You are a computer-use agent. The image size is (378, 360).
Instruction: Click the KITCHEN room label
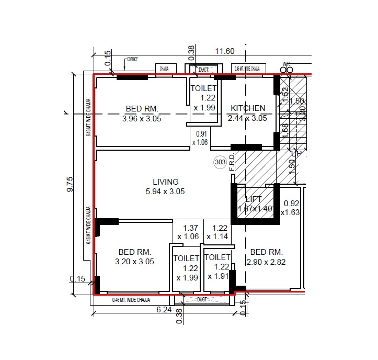[x=248, y=108]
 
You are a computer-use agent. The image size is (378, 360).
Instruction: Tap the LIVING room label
[x=165, y=182]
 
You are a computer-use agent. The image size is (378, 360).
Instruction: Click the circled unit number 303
[x=220, y=163]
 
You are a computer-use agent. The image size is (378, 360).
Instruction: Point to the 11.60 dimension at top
[x=226, y=51]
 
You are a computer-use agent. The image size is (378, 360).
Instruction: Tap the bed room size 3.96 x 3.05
[x=141, y=118]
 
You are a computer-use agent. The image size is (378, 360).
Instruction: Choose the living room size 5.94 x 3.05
[x=165, y=192]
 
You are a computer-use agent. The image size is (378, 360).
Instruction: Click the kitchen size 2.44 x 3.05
[x=247, y=118]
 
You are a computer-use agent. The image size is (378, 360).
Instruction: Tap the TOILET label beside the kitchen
[x=203, y=88]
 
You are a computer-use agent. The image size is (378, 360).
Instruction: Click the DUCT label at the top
[x=203, y=69]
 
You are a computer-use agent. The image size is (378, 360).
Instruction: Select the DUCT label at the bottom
[x=203, y=300]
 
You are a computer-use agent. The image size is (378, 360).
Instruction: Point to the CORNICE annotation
[x=133, y=60]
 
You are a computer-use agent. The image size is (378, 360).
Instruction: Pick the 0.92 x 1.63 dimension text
[x=290, y=208]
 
